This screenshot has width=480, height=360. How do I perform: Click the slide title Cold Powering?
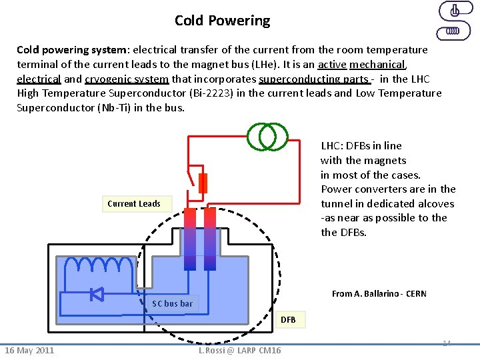[x=222, y=21]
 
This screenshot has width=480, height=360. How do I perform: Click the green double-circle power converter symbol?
[x=267, y=136]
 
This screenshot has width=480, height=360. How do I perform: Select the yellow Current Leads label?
[x=134, y=203]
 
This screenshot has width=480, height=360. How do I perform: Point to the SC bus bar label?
[x=172, y=304]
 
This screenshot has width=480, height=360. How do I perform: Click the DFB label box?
[x=288, y=320]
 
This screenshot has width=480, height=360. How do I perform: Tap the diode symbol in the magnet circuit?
[x=97, y=293]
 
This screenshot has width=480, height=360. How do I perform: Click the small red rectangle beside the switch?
[x=203, y=183]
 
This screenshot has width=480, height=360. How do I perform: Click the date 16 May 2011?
[x=29, y=351]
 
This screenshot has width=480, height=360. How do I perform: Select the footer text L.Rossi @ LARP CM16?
[x=240, y=351]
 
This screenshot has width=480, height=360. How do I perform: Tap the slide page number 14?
[x=447, y=343]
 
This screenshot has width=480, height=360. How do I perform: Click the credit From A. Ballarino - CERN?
[x=379, y=294]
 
